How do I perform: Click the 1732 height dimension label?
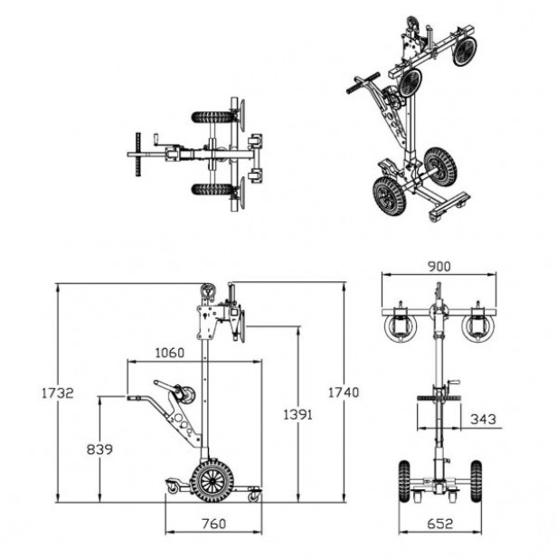click(58, 392)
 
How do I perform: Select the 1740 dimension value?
click(344, 392)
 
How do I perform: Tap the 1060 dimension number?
click(170, 353)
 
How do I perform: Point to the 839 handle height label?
click(99, 449)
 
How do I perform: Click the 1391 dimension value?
click(297, 414)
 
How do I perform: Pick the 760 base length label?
click(213, 524)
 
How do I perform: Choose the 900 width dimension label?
click(439, 267)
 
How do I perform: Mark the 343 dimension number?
click(483, 420)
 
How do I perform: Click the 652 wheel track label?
click(440, 524)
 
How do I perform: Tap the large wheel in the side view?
click(212, 481)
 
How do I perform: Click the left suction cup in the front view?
click(401, 327)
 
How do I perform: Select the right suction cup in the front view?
click(477, 327)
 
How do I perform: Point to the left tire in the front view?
click(404, 481)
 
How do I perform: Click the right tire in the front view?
click(477, 481)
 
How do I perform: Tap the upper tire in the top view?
click(212, 118)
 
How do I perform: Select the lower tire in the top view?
click(212, 189)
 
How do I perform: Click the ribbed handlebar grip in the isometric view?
click(363, 83)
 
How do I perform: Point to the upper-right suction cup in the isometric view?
click(464, 51)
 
